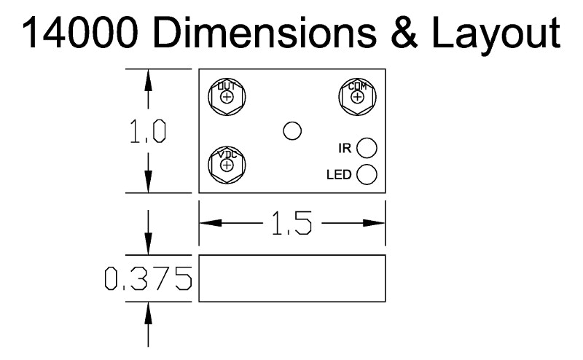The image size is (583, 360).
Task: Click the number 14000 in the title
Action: [x=80, y=33]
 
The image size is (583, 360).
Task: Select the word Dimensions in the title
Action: [x=265, y=33]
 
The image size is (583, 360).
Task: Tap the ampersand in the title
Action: [x=404, y=33]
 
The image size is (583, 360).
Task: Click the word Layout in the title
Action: [x=496, y=36]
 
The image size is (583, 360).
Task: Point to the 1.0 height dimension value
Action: [x=148, y=132]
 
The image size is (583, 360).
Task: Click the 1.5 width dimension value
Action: [x=292, y=223]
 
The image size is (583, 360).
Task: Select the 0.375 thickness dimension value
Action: [x=149, y=278]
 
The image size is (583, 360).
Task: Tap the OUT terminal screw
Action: [x=227, y=97]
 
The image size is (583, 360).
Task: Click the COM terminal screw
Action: [x=357, y=97]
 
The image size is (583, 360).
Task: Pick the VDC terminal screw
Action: [x=227, y=165]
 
